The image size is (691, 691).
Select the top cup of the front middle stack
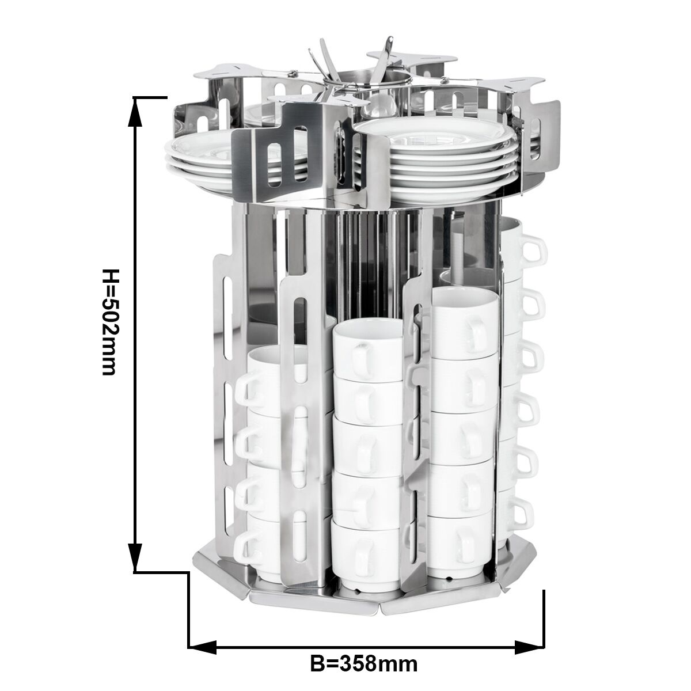[x=369, y=349]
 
